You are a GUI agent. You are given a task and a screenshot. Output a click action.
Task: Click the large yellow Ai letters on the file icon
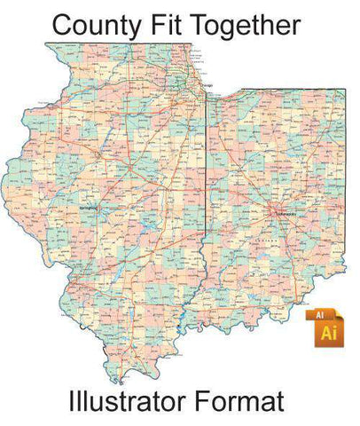328,332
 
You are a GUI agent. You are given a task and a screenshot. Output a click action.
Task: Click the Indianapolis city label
286,214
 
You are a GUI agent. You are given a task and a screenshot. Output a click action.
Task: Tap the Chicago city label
207,85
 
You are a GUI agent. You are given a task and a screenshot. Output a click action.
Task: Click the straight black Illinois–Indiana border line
208,177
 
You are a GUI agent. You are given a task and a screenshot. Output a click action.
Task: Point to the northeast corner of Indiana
344,88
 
